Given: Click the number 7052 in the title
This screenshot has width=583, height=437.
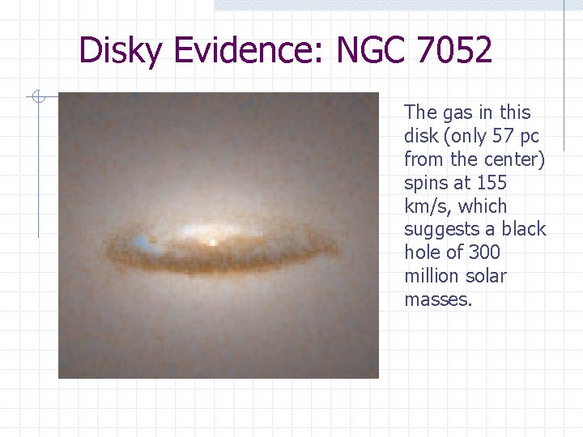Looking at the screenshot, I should [x=453, y=52].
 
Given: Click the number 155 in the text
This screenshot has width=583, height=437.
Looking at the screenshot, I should [x=492, y=182].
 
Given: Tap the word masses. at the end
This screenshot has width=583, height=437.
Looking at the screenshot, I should [x=437, y=299].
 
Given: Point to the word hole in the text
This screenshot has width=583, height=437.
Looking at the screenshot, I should [x=422, y=252].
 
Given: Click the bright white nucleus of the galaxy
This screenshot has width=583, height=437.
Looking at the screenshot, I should [x=212, y=241].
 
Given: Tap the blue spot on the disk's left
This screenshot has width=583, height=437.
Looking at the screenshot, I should [x=143, y=241].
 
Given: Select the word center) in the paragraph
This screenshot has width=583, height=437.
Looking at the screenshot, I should [x=515, y=159].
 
